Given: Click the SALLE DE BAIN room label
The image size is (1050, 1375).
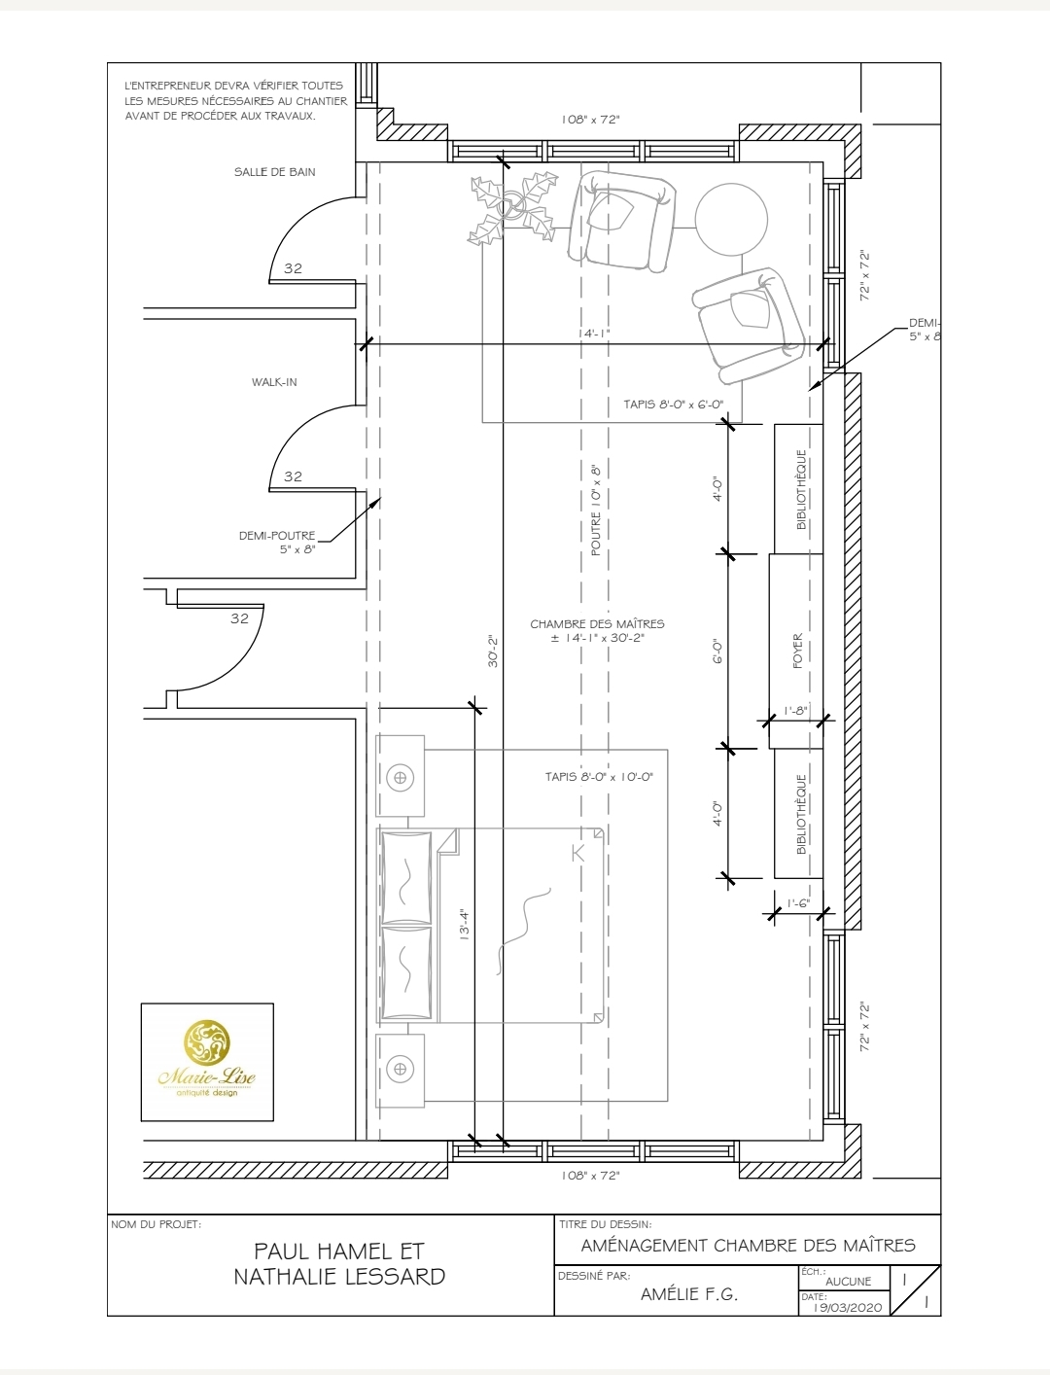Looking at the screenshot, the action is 275,172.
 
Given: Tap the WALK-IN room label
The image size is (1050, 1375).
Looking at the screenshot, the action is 274,382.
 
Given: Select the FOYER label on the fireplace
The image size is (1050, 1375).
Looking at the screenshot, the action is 797,651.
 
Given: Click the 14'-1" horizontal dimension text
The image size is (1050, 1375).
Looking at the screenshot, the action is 594,334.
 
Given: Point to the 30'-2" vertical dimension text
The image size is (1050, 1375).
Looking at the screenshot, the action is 493,652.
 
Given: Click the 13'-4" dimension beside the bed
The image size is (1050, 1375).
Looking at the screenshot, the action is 464,925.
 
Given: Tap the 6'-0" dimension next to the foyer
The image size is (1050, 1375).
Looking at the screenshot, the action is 717,652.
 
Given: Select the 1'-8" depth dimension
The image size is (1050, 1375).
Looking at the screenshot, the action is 796,711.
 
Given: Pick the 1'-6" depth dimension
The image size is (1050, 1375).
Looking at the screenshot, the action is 798,903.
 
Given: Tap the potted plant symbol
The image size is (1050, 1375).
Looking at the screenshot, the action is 512,207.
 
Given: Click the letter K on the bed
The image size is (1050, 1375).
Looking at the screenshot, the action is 577,853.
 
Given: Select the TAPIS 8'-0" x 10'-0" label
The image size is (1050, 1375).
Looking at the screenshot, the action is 599,777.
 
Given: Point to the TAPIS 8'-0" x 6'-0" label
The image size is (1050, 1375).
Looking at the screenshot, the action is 673,405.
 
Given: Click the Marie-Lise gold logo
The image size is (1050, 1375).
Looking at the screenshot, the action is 207,1059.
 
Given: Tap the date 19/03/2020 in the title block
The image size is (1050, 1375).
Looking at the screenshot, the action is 848,1307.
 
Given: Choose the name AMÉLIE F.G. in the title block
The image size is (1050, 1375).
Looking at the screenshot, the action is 689,1294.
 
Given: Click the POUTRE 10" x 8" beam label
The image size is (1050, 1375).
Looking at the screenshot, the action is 595,511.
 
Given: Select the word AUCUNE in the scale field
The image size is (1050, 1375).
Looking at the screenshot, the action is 849,1281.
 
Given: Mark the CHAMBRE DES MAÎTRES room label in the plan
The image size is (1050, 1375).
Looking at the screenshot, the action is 597,624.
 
